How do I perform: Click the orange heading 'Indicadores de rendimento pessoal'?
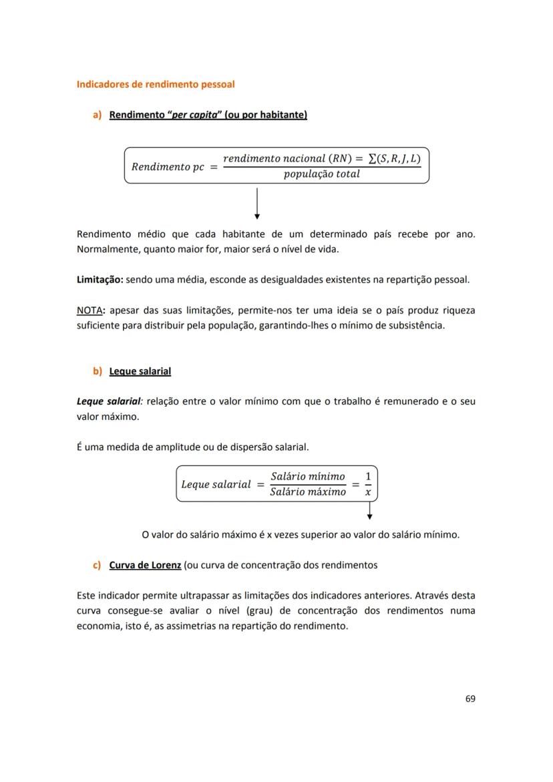156,85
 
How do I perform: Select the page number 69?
470,699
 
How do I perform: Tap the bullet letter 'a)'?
97,115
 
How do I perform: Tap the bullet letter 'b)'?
97,371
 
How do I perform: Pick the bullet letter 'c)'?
97,565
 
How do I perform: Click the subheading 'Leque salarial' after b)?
140,371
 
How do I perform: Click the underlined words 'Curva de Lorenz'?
145,565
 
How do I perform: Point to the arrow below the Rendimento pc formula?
257,204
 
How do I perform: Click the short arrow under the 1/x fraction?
369,511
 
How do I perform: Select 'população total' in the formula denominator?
321,174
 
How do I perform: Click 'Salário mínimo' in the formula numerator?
308,476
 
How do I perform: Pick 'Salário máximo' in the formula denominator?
308,492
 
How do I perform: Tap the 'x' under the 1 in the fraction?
368,492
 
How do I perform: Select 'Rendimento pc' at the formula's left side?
168,167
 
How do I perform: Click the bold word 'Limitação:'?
100,280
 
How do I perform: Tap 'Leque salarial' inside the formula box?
216,484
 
